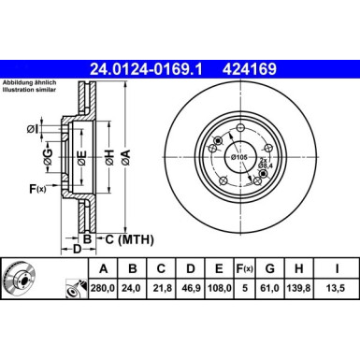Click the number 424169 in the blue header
pos(244,67)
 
